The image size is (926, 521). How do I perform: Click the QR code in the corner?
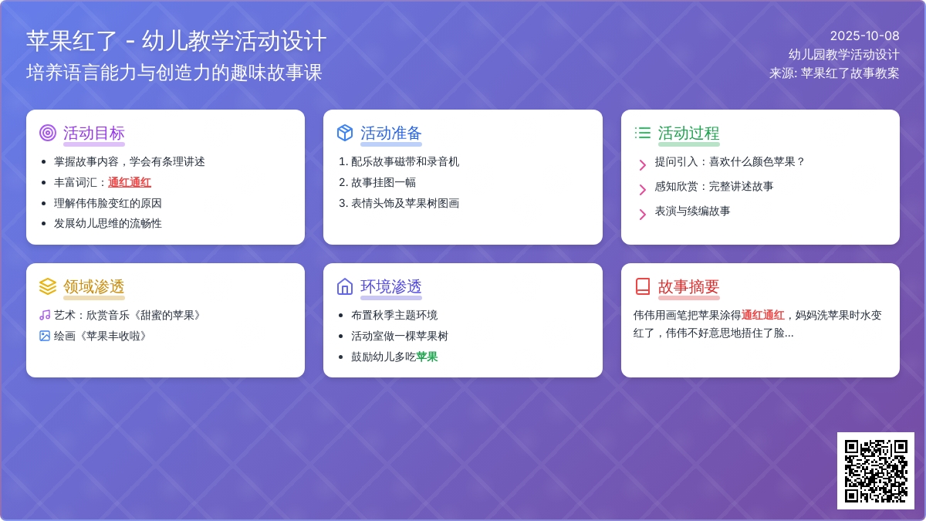click(x=876, y=471)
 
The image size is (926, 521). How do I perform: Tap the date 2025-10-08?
click(x=864, y=36)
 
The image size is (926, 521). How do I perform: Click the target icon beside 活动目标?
click(x=48, y=133)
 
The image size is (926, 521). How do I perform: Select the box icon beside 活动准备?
click(x=345, y=133)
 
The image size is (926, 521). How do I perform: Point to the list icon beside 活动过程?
click(x=642, y=133)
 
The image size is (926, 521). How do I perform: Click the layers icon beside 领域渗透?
click(x=48, y=286)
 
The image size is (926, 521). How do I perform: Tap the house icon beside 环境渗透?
click(x=345, y=286)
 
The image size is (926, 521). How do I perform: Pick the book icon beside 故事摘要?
click(x=642, y=286)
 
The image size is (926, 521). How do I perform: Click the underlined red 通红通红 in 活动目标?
click(x=130, y=182)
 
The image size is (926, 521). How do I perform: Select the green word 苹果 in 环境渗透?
click(x=427, y=357)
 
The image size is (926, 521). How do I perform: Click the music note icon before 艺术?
click(x=45, y=315)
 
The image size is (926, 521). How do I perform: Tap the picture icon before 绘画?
click(x=45, y=336)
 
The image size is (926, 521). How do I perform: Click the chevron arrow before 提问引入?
click(x=642, y=165)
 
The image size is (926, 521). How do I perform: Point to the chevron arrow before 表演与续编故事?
click(x=642, y=215)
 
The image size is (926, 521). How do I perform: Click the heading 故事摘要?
click(x=688, y=286)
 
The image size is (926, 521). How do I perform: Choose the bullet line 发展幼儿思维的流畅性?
click(x=107, y=223)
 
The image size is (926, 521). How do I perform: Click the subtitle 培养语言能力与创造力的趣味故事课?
click(x=174, y=73)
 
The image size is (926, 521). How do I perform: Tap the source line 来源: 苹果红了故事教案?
click(x=834, y=73)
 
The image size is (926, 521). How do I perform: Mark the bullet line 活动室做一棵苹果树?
click(x=400, y=336)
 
